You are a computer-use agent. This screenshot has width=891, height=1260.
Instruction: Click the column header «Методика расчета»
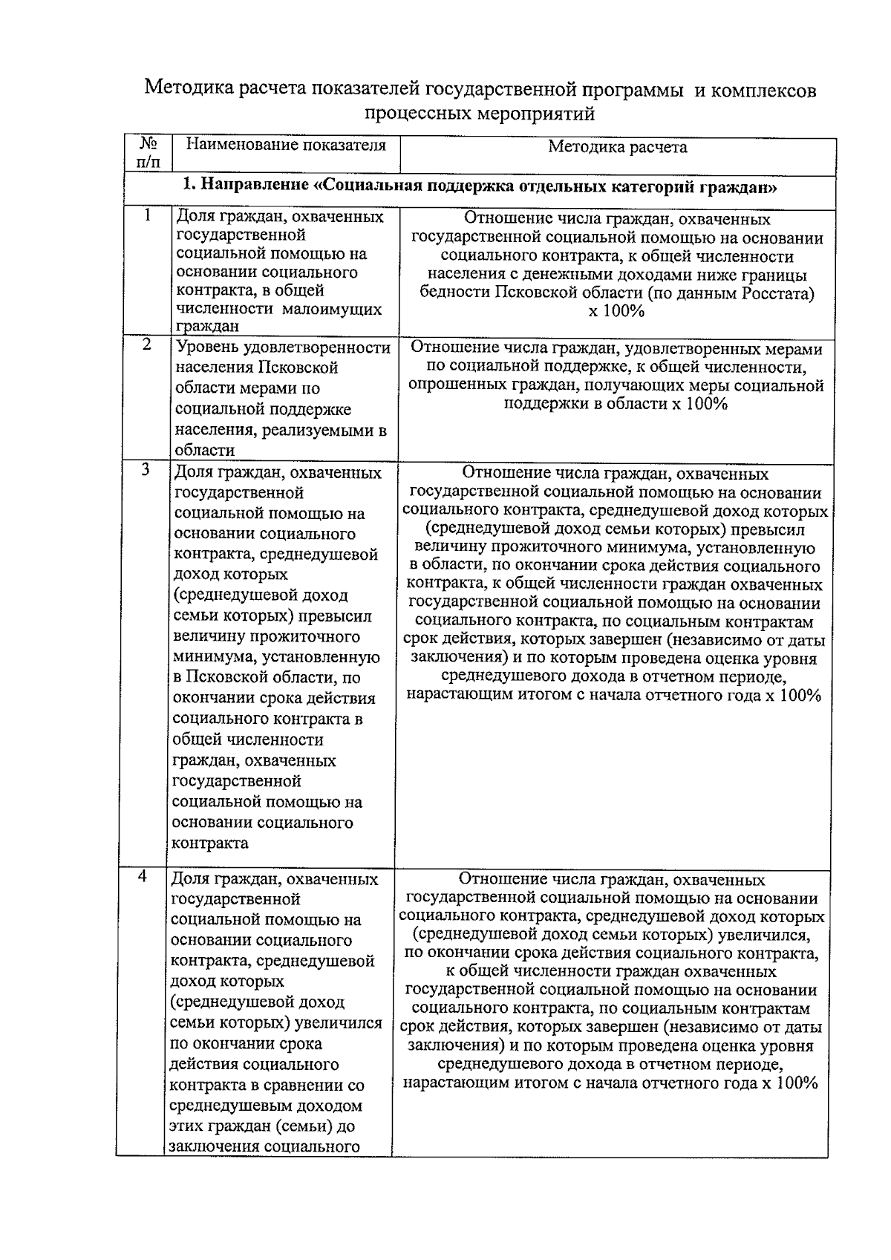click(617, 147)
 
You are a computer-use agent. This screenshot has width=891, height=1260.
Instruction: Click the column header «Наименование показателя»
click(285, 145)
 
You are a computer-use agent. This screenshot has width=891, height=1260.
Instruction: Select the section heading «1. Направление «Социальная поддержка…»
click(480, 186)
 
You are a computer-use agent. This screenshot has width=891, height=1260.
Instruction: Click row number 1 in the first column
click(148, 216)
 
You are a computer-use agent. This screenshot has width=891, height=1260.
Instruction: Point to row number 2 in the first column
click(147, 345)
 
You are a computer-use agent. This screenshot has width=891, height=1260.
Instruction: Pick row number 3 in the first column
click(146, 469)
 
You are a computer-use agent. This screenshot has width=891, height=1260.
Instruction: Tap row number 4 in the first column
click(143, 876)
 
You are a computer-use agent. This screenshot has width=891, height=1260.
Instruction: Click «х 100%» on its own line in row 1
click(616, 311)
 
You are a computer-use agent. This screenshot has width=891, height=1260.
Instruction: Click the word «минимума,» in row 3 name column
click(215, 657)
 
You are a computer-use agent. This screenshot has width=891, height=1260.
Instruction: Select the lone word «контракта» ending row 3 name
click(210, 843)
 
